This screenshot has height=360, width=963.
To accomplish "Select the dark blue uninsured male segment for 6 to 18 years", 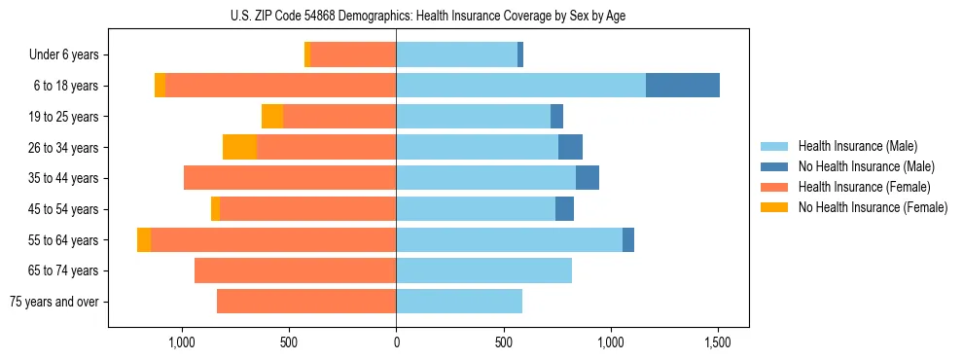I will coord(683,86).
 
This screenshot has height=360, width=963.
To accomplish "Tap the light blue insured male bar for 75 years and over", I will coord(459,302).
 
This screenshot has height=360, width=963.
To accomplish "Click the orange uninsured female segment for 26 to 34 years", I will coord(239,147).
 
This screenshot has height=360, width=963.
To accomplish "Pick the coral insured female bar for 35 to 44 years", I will coord(290,178).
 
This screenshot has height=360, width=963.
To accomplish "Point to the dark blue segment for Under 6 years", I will coord(520,54).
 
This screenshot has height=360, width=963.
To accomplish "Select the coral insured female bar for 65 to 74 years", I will coord(295,270).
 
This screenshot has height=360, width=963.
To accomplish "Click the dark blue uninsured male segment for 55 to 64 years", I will coord(628,239).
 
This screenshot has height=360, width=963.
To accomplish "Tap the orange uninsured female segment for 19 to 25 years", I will coord(272,117).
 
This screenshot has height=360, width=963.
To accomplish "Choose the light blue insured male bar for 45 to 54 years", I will coord(476,209).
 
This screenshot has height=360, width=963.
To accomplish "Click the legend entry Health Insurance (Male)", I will coord(857,146).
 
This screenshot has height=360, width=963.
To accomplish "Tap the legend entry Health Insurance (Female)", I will coord(864,187).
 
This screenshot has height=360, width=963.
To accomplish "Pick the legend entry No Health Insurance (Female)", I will coord(873,207).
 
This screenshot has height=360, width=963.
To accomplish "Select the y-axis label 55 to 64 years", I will coord(64,240).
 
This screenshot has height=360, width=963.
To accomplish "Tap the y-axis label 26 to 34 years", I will coord(64,148).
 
